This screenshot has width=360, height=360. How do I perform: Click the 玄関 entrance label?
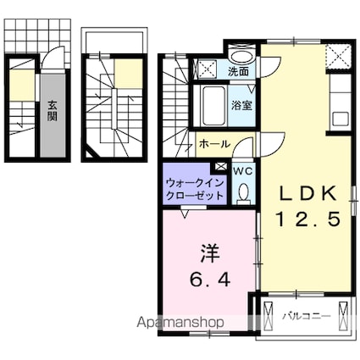click(x=52, y=111)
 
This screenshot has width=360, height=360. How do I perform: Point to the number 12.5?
click(x=309, y=219)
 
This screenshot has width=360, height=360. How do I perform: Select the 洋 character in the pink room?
click(x=211, y=252)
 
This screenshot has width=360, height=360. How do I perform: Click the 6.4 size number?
click(x=211, y=277)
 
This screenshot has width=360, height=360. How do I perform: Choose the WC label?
click(x=243, y=170)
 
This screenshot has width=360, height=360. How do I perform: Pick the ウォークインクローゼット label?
click(x=196, y=188)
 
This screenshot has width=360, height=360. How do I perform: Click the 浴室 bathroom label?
click(x=241, y=105)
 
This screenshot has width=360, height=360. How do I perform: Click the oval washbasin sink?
click(x=242, y=56)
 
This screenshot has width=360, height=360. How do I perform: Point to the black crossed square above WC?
click(x=222, y=168)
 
